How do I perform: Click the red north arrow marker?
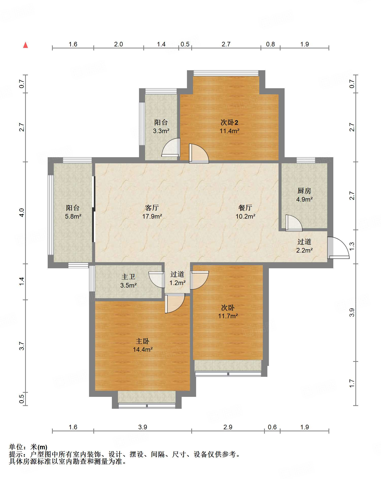pyautogui.click(x=25, y=45)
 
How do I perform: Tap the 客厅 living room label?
pyautogui.click(x=152, y=208)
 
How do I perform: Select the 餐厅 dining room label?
pyautogui.click(x=245, y=208)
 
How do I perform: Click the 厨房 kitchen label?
pyautogui.click(x=304, y=191)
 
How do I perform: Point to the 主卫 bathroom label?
pyautogui.click(x=128, y=277)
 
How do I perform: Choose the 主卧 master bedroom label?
pyautogui.click(x=143, y=341)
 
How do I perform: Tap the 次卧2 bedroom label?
pyautogui.click(x=229, y=122)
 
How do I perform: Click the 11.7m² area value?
pyautogui.click(x=228, y=316)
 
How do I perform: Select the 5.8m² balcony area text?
pyautogui.click(x=73, y=217)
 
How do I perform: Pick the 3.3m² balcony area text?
pyautogui.click(x=161, y=131)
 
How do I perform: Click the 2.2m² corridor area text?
pyautogui.click(x=304, y=251)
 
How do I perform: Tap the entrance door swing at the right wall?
pyautogui.click(x=338, y=248)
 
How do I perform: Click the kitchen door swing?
pyautogui.click(x=294, y=223)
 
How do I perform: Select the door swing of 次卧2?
pyautogui.click(x=199, y=153)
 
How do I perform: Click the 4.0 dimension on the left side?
pyautogui.click(x=22, y=212)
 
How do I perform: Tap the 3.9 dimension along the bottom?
pyautogui.click(x=143, y=427)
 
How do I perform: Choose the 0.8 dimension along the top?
pyautogui.click(x=270, y=44)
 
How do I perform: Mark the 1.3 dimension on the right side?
pyautogui.click(x=352, y=246)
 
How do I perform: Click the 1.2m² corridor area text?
pyautogui.click(x=178, y=283)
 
